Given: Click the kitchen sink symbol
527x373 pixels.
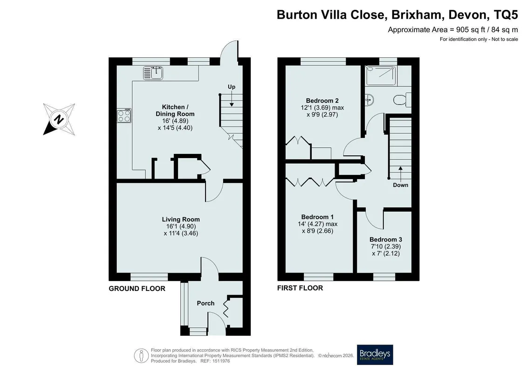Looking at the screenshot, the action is [153, 73].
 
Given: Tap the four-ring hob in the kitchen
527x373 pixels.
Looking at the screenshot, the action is [123, 115].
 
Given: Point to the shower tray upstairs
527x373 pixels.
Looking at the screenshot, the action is [381, 76].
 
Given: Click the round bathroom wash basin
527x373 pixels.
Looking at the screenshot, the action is [370, 99].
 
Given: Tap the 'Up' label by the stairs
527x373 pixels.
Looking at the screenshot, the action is [232, 87].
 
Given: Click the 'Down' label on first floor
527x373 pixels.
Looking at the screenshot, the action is [400, 185].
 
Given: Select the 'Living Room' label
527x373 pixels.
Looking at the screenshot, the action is [181, 219].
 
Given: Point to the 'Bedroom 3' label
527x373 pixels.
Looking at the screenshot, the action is [386, 240].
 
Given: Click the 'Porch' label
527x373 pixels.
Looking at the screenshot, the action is [205, 303].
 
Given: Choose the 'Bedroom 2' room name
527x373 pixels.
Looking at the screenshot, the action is [322, 101].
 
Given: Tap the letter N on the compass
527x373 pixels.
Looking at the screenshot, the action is [59, 119].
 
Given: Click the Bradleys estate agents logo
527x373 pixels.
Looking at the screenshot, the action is [375, 354].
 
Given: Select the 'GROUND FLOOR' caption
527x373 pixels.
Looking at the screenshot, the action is [137, 289].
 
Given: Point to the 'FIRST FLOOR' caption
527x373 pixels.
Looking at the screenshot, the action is [300, 288].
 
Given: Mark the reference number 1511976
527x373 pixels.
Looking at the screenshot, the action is [220, 361].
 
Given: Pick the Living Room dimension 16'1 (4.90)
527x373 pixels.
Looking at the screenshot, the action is [181, 226].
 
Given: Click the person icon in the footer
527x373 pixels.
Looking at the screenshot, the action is [142, 355].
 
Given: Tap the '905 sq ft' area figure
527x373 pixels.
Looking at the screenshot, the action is [466, 29].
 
